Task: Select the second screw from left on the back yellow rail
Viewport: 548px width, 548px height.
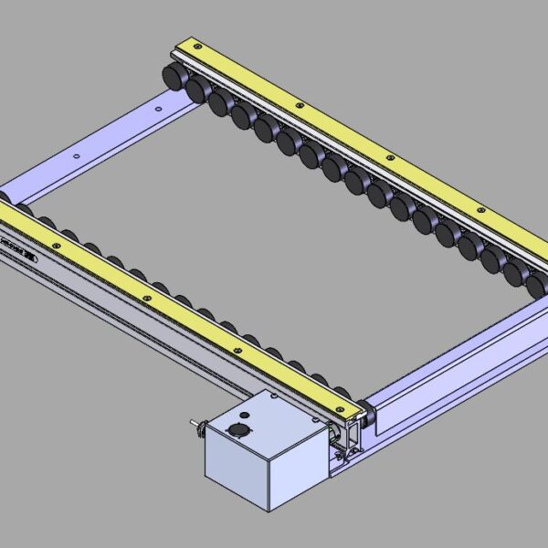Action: click(x=299, y=105)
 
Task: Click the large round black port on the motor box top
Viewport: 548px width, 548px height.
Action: click(x=240, y=429)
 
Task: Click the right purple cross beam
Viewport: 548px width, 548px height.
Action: click(x=457, y=365)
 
